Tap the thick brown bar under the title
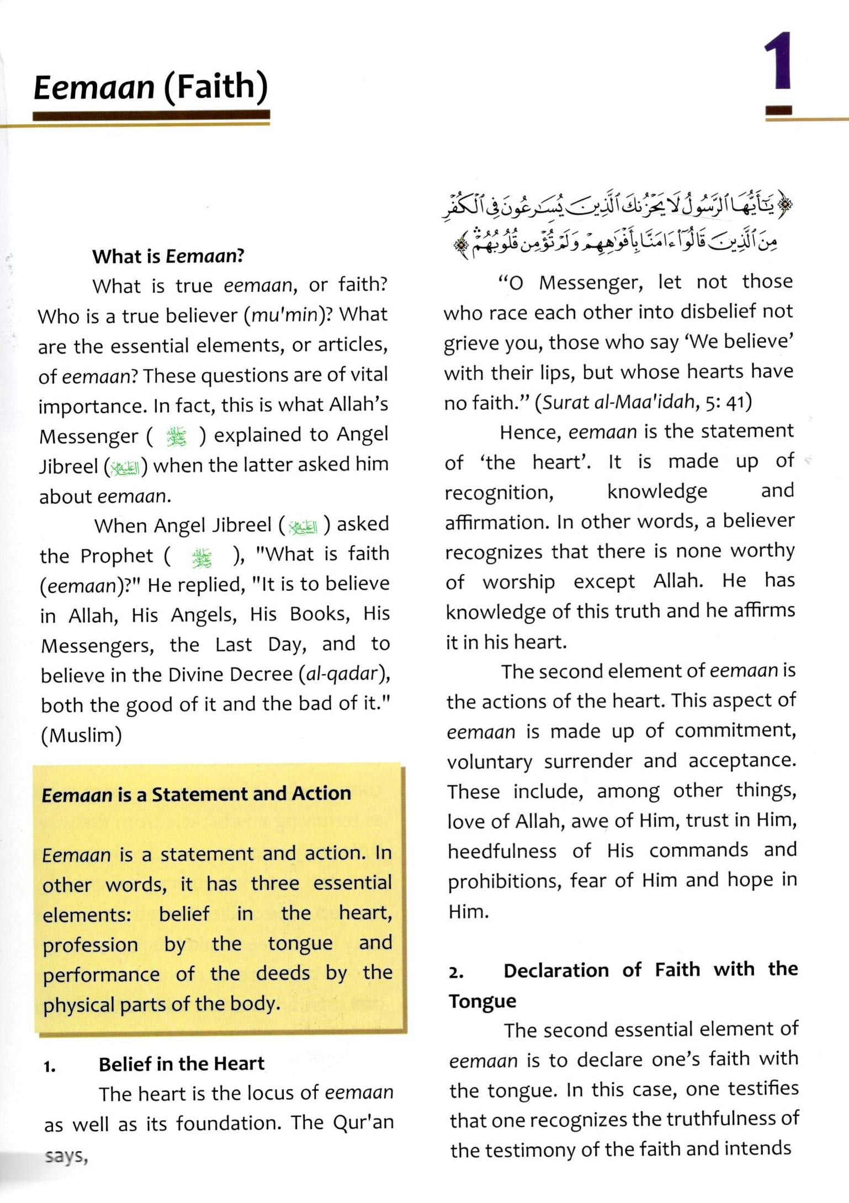(151, 115)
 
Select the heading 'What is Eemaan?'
(168, 256)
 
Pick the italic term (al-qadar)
(344, 675)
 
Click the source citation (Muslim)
(81, 735)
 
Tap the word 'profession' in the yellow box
(90, 945)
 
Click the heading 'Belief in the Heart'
(182, 1064)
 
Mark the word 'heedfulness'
(502, 851)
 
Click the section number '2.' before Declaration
(456, 972)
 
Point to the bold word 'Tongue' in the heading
(482, 1001)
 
